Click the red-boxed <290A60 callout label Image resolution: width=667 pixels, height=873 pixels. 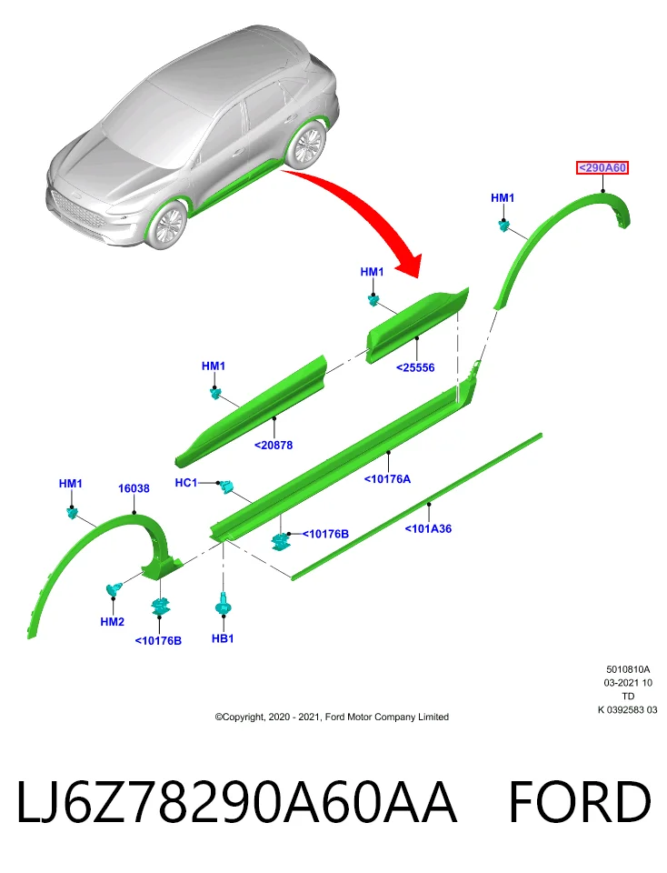point(602,167)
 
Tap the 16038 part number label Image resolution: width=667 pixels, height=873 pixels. point(134,488)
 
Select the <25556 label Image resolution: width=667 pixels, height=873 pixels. point(415,367)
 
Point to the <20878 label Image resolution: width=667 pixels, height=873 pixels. point(274,445)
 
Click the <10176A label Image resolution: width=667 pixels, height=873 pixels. point(387,479)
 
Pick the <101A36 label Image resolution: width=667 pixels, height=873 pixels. point(428,529)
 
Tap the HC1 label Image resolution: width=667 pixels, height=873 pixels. point(185,482)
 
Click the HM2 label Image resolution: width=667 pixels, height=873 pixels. point(112,621)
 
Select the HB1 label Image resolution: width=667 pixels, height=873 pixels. point(223,638)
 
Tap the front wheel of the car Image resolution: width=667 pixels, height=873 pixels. point(168,225)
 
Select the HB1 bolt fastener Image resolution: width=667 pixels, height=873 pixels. point(223,604)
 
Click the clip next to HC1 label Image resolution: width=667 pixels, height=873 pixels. point(226,487)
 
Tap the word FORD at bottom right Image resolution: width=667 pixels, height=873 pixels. point(580,802)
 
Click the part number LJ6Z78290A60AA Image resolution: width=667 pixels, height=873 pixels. point(237,802)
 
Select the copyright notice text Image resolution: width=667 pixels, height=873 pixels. point(332,717)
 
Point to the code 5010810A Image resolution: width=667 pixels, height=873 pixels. point(628,669)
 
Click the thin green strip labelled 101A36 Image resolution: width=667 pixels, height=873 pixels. point(417,507)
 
